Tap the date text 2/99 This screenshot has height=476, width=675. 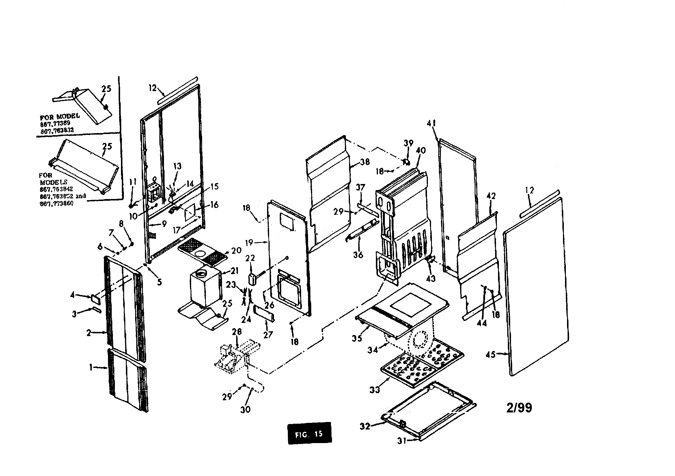pyautogui.click(x=519, y=408)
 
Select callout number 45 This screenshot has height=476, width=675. pyautogui.click(x=491, y=354)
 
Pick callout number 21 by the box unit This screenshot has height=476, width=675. pyautogui.click(x=234, y=271)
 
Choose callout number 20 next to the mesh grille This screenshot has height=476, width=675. pyautogui.click(x=236, y=251)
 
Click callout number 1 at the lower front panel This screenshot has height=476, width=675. pyautogui.click(x=91, y=367)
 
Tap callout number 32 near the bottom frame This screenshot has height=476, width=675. pyautogui.click(x=365, y=426)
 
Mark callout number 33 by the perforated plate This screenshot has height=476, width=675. pyautogui.click(x=374, y=390)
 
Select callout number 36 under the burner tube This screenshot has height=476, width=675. pyautogui.click(x=358, y=255)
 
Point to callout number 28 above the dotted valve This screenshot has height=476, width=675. pyautogui.click(x=237, y=332)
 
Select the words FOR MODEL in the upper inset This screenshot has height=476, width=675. pyautogui.click(x=60, y=116)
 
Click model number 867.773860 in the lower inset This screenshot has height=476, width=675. pyautogui.click(x=57, y=204)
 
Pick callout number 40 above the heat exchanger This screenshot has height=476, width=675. pyautogui.click(x=421, y=150)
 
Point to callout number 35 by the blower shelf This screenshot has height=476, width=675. pyautogui.click(x=357, y=338)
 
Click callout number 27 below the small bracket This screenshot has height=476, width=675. pyautogui.click(x=268, y=334)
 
